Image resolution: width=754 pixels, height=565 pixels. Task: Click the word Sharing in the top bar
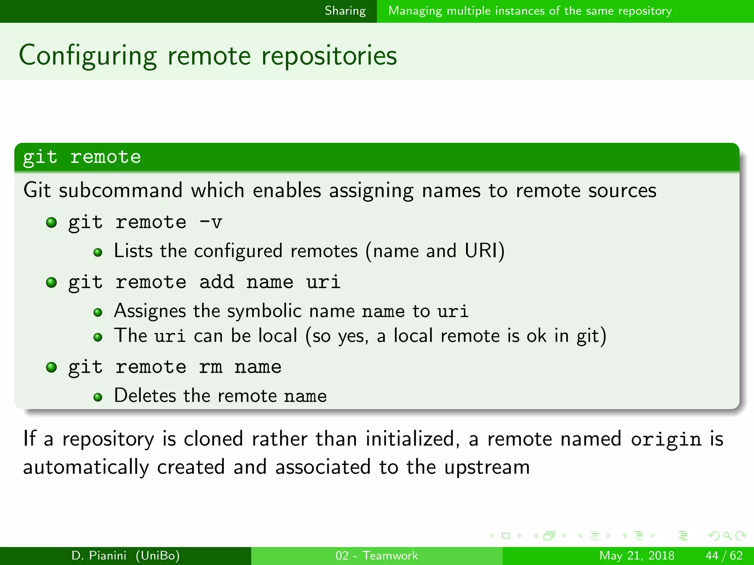345,11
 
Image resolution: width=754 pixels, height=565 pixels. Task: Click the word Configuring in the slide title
88,56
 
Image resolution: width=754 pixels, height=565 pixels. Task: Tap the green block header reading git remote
82,157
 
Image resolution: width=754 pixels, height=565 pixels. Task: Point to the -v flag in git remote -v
211,222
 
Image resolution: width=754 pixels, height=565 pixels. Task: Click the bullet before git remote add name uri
52,282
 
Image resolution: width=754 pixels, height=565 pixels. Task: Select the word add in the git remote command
216,282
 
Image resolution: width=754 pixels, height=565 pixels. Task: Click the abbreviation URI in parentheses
480,251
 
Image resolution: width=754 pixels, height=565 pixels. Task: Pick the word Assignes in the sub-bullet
150,311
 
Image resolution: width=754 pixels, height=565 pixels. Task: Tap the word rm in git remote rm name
211,367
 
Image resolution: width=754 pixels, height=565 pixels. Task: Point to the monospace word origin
666,439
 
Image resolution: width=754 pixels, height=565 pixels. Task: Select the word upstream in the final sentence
487,468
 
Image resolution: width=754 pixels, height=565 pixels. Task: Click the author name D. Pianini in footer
99,555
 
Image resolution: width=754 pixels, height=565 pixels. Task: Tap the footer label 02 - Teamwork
377,555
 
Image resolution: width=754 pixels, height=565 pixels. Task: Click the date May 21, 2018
637,555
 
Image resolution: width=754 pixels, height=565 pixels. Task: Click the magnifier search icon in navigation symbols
727,536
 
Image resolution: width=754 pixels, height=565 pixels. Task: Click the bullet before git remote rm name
52,367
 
